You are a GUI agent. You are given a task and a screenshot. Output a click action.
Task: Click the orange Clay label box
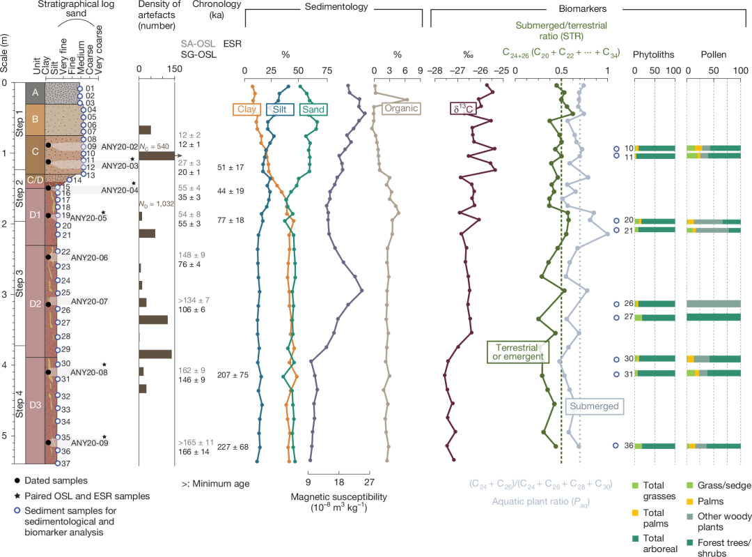pos(246,109)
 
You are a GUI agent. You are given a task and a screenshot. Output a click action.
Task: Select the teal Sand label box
pos(313,109)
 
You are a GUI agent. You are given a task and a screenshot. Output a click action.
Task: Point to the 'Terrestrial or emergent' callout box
pos(516,352)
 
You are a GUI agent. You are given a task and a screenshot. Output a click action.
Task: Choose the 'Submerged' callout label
pos(593,405)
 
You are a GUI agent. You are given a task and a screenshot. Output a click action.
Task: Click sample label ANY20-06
pos(90,257)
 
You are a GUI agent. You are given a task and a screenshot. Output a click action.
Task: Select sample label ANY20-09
pos(90,442)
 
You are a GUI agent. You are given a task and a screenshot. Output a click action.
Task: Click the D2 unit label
pos(35,304)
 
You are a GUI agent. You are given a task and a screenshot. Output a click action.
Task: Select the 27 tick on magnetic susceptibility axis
pos(369,480)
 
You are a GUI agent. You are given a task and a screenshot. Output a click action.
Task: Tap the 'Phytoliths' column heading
pos(653,54)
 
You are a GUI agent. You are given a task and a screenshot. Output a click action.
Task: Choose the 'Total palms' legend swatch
pos(636,515)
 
